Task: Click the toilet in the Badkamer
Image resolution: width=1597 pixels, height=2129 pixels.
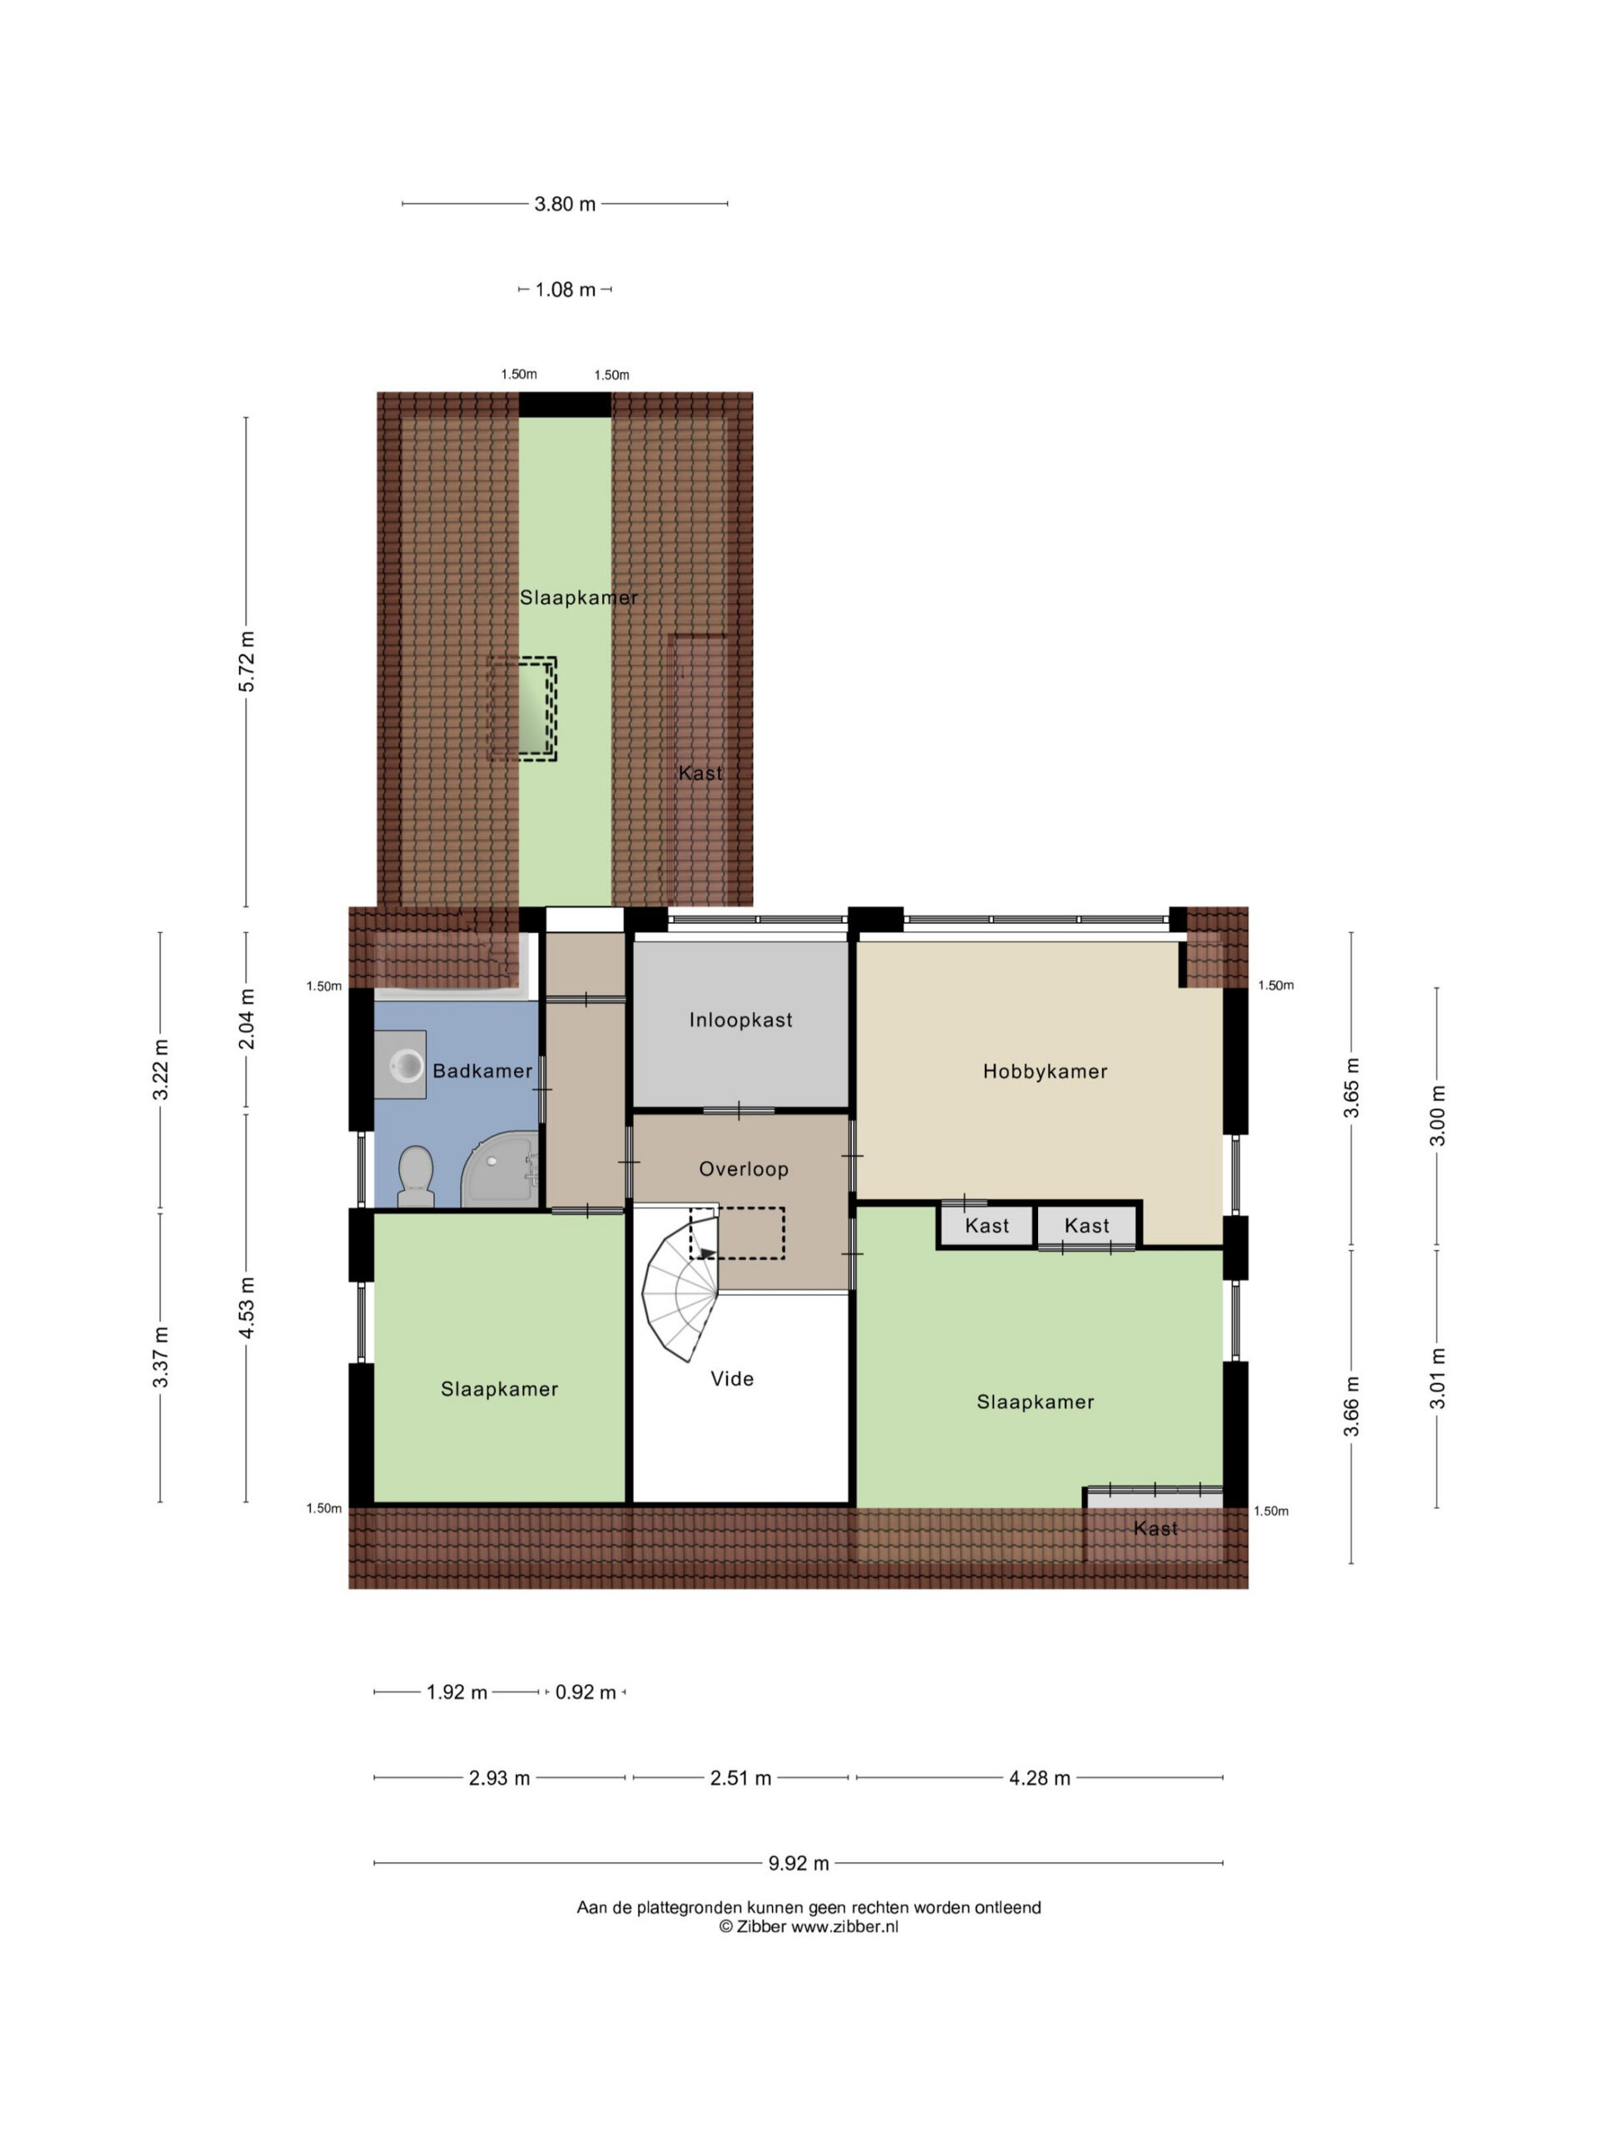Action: pyautogui.click(x=416, y=1176)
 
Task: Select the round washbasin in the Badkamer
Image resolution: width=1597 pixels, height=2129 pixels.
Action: pyautogui.click(x=405, y=1064)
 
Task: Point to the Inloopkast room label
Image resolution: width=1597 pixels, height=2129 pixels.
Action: pyautogui.click(x=740, y=1020)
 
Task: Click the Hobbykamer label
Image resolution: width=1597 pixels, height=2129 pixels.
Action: pyautogui.click(x=1045, y=1071)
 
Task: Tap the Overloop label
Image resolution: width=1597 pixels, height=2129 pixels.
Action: pyautogui.click(x=743, y=1169)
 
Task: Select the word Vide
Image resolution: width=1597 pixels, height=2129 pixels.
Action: pyautogui.click(x=732, y=1378)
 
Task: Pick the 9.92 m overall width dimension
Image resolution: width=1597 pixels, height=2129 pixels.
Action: pyautogui.click(x=798, y=1864)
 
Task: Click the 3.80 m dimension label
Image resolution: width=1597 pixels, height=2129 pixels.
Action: pyautogui.click(x=565, y=204)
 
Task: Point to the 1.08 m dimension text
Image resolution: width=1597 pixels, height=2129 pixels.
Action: pyautogui.click(x=565, y=289)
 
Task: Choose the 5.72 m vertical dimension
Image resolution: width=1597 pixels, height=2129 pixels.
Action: pyautogui.click(x=246, y=661)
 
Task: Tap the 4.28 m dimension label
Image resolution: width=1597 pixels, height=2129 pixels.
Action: pyautogui.click(x=1040, y=1779)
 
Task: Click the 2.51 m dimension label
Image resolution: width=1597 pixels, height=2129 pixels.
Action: pyautogui.click(x=740, y=1779)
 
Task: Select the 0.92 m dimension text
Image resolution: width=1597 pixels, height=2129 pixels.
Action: pyautogui.click(x=586, y=1693)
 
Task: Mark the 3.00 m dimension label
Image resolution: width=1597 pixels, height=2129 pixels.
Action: pyautogui.click(x=1437, y=1115)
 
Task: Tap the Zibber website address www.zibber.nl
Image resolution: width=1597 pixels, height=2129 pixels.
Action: pyautogui.click(x=844, y=1927)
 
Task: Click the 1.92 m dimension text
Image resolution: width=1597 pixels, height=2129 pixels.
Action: pyautogui.click(x=457, y=1693)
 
